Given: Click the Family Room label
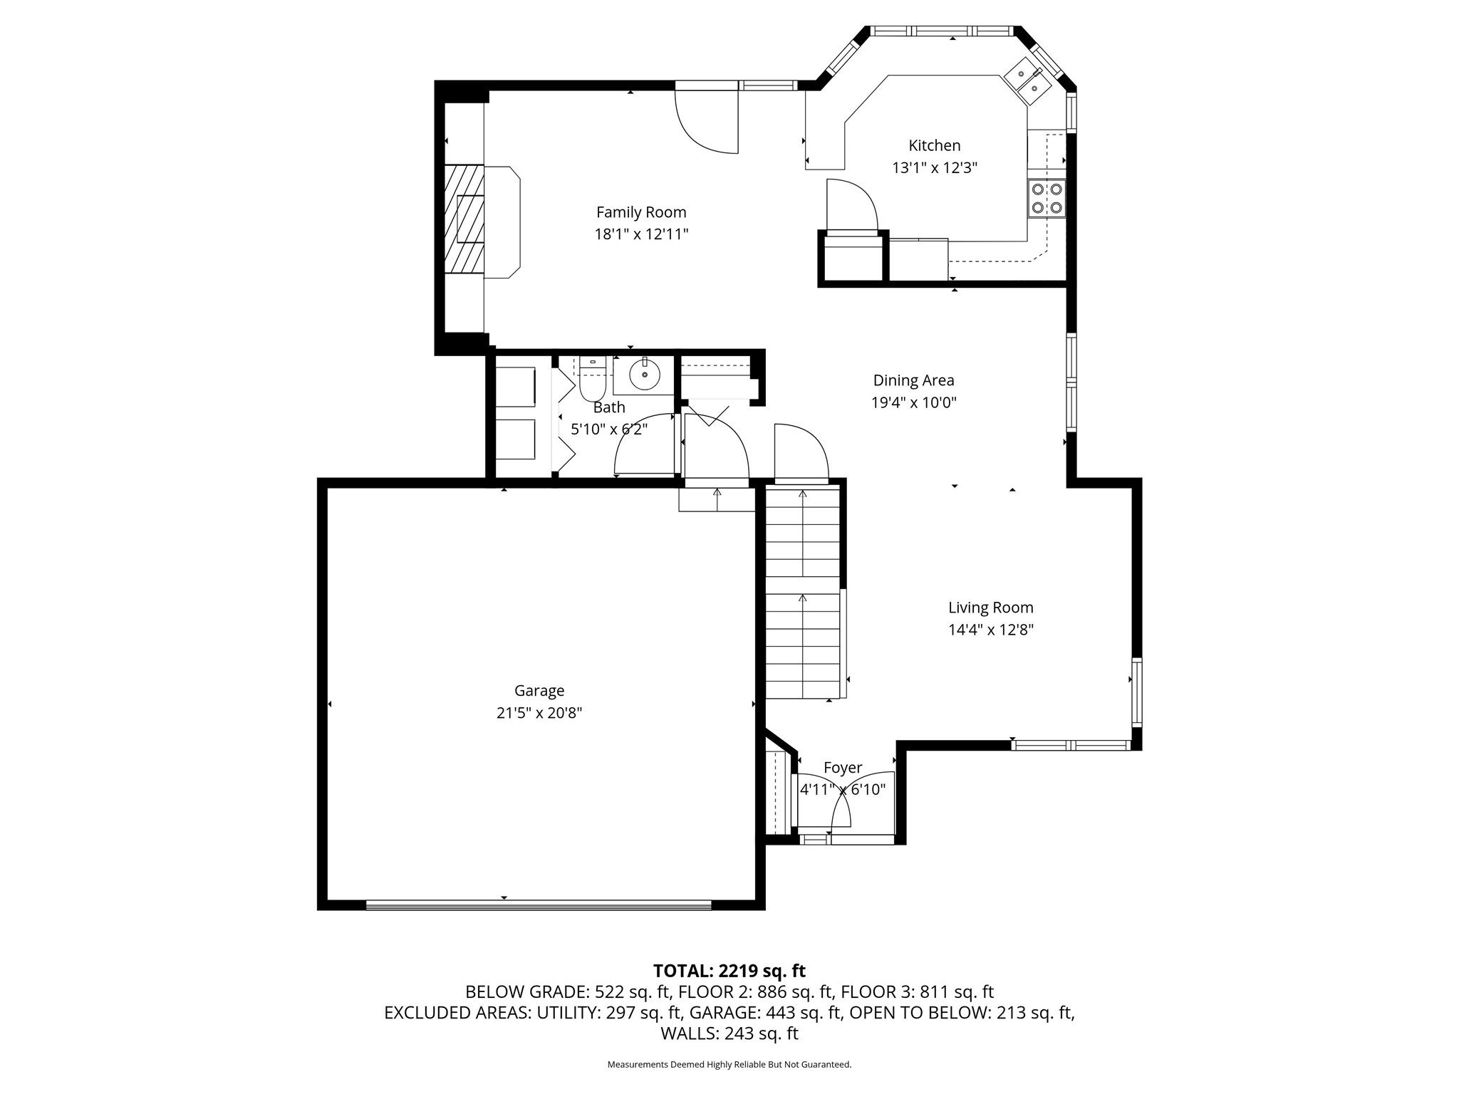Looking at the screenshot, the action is pos(641,212).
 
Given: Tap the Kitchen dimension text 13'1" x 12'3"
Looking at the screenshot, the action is pos(935,168).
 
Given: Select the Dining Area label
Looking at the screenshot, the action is pos(913,380).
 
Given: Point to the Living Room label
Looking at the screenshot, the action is pos(990,608).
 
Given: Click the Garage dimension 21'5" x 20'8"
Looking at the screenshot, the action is pos(539,713).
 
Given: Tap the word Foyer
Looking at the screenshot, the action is pos(843,768).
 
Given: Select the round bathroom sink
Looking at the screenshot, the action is pos(645,375).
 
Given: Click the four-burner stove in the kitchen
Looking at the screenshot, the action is pos(1047,199).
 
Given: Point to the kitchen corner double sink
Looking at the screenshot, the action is pos(1028,80).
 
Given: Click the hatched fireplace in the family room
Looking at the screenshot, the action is pos(464,219).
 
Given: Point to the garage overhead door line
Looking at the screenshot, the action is pos(539,905).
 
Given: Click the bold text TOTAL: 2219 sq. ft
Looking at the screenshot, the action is pos(729,971).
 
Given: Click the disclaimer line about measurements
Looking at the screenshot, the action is pos(729,1065).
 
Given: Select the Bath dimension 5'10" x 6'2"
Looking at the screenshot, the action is pos(609,429).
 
